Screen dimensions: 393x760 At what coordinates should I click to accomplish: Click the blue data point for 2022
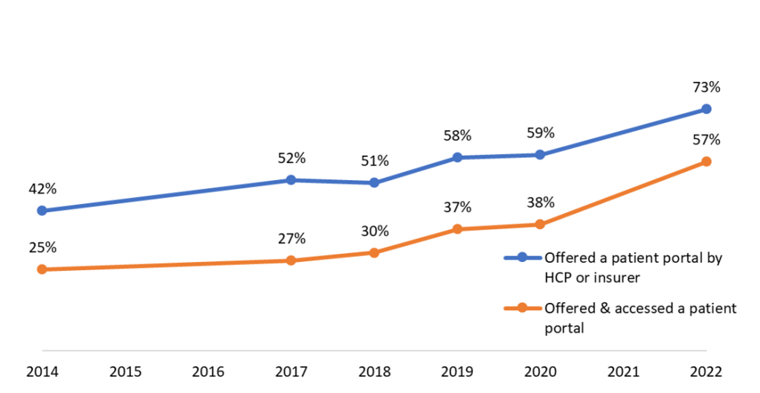pos(706,109)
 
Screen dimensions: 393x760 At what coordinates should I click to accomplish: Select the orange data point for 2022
pos(706,162)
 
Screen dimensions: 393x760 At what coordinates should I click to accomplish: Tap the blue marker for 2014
pos(42,211)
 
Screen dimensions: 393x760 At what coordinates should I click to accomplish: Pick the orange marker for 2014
pos(42,269)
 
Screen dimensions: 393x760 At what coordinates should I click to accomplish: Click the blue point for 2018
pos(374,182)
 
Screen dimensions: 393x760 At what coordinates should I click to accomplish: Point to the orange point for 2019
pos(457,229)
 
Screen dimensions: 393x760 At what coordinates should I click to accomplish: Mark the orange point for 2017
pos(291,261)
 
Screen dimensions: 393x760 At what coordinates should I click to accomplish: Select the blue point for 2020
pos(540,155)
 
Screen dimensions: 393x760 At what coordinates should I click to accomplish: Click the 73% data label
pos(706,87)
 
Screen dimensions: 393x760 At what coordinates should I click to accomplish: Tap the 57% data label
pos(706,140)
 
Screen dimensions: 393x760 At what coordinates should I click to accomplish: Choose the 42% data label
pos(42,189)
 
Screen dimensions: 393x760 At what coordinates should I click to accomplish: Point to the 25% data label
pos(42,247)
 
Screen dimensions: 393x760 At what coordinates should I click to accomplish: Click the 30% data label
pos(374,231)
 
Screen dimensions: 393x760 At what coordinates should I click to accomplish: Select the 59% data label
pos(540,133)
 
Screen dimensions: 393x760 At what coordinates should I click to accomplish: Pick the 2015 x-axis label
pos(125,371)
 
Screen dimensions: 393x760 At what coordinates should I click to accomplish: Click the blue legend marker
pos(522,258)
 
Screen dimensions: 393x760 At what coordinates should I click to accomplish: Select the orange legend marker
pos(522,307)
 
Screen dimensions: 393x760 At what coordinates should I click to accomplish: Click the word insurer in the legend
pos(616,277)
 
